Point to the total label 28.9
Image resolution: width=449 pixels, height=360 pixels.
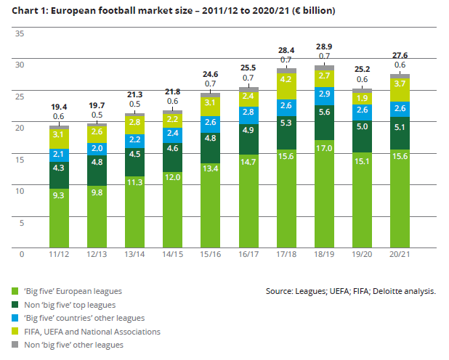pyautogui.click(x=324, y=46)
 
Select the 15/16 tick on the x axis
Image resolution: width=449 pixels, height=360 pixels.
pyautogui.click(x=211, y=255)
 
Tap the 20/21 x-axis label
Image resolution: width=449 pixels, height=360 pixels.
pyautogui.click(x=400, y=255)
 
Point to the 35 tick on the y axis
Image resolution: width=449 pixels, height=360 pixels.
pyautogui.click(x=20, y=34)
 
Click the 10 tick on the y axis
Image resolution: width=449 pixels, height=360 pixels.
pyautogui.click(x=20, y=191)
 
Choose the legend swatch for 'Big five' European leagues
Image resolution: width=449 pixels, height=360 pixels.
pyautogui.click(x=16, y=290)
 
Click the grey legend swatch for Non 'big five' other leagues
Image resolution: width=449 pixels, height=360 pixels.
pyautogui.click(x=16, y=345)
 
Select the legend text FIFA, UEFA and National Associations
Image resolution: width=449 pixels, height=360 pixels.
pyautogui.click(x=93, y=332)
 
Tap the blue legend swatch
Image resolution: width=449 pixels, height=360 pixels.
pyautogui.click(x=16, y=318)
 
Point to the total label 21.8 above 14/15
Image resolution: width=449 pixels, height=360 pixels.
pyautogui.click(x=173, y=91)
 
